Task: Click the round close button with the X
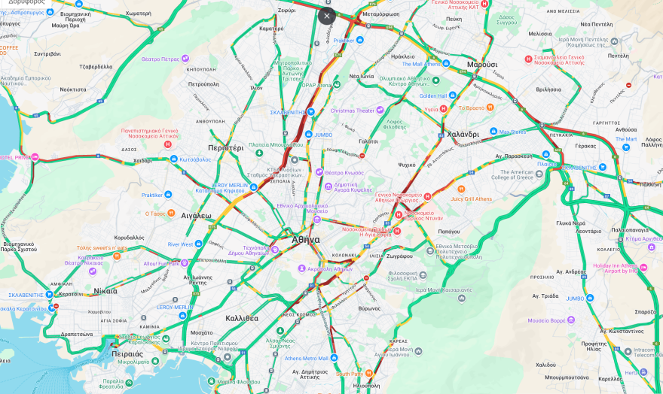tap(326, 16)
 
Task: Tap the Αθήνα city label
tap(306, 240)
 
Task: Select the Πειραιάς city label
tap(127, 353)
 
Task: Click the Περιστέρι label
tap(226, 148)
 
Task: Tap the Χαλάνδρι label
tap(463, 134)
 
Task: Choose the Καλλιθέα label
tap(242, 318)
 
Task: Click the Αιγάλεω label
tap(197, 215)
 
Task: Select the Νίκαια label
tap(105, 290)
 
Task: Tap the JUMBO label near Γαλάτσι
tap(323, 135)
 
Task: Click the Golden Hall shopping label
tap(433, 95)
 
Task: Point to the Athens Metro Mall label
tap(306, 358)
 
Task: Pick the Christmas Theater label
tap(352, 111)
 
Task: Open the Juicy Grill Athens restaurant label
tap(472, 199)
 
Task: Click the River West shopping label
tap(181, 244)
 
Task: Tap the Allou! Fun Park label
tap(161, 264)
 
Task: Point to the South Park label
tap(350, 374)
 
